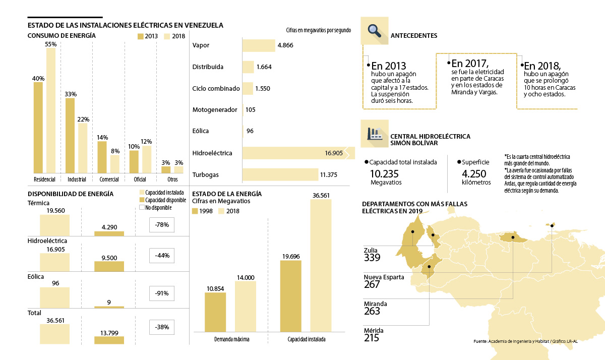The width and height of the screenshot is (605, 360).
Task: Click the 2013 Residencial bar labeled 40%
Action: [38, 127]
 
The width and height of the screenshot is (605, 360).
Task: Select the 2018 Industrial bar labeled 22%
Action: [83, 148]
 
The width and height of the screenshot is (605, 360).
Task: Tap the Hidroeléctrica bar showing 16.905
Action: [297, 153]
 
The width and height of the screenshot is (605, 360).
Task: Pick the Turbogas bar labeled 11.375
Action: [280, 175]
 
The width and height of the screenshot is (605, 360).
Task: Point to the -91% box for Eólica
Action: [162, 294]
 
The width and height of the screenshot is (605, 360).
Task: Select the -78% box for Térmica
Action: [162, 225]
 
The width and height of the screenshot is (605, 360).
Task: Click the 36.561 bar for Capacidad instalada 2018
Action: [322, 265]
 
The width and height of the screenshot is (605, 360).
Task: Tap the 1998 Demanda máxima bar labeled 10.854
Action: [215, 312]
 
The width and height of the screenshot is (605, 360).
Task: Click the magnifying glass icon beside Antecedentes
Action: [375, 30]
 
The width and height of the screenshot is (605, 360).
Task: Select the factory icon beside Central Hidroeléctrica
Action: [375, 134]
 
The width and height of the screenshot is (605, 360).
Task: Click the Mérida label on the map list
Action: [373, 331]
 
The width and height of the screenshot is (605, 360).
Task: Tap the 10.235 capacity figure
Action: [385, 173]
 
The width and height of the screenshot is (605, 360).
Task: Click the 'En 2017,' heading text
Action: [470, 64]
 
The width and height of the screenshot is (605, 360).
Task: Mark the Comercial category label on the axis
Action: [109, 179]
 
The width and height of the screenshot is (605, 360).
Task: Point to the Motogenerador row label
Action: [215, 109]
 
